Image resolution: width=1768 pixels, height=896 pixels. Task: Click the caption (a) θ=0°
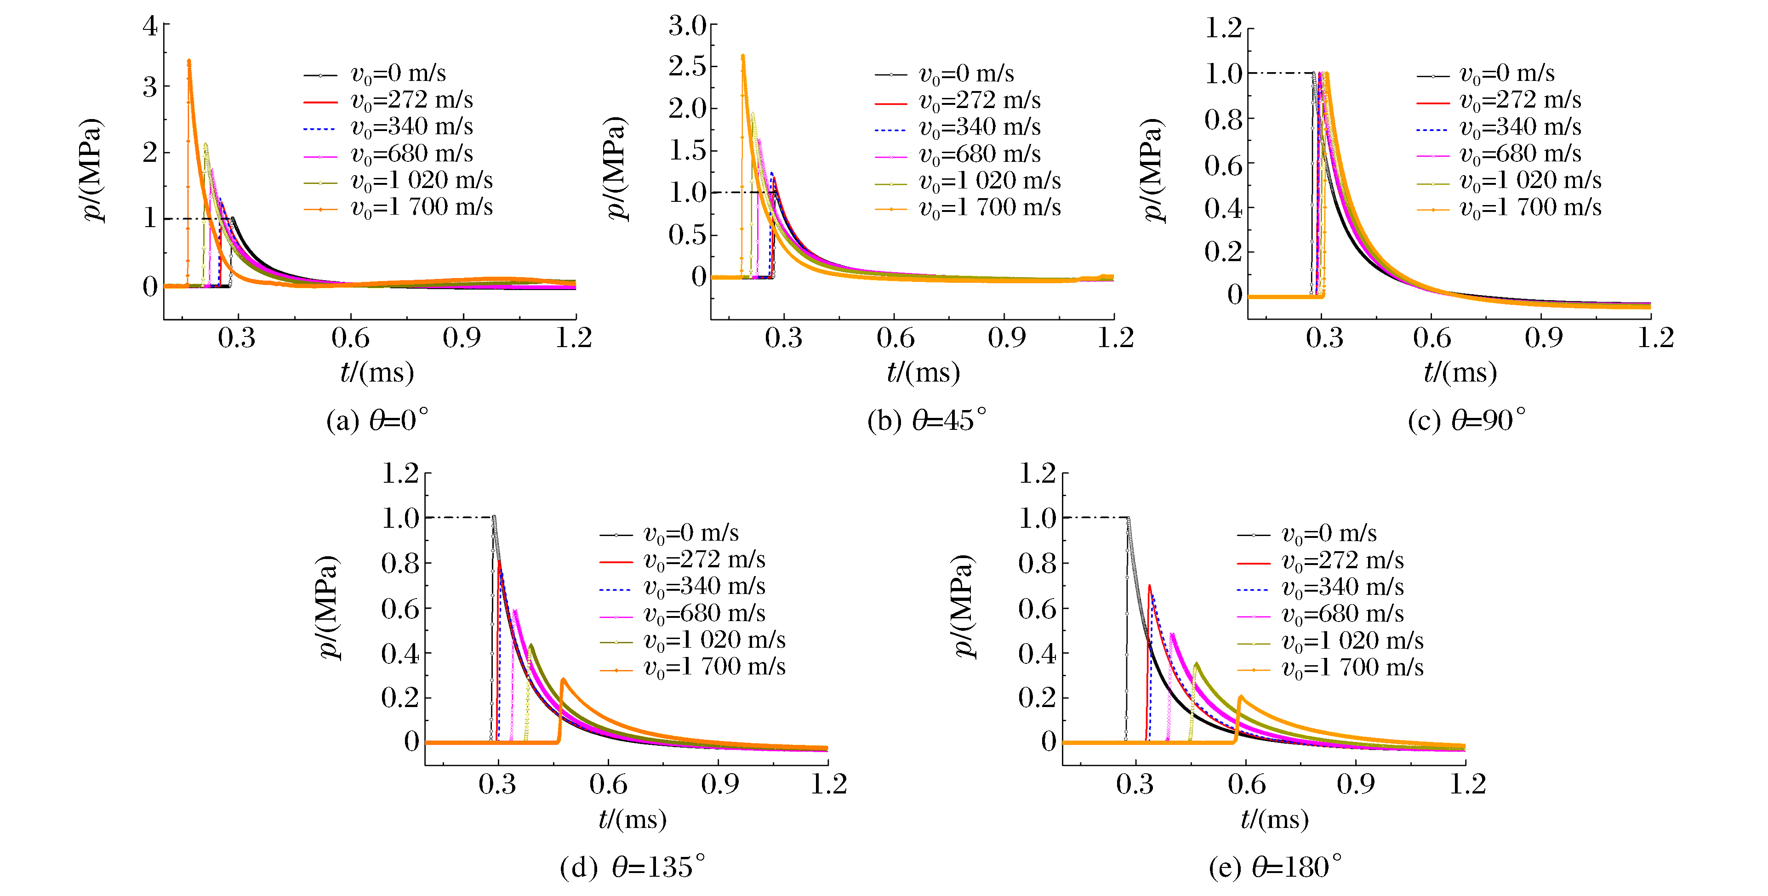tap(377, 420)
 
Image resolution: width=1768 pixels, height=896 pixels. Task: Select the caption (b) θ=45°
tap(927, 420)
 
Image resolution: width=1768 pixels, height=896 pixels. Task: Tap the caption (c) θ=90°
tap(1467, 420)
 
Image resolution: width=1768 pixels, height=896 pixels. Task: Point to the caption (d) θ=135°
tap(632, 867)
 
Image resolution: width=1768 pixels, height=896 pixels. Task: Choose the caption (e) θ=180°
tap(1275, 867)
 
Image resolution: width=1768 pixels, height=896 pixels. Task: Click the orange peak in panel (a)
tap(189, 61)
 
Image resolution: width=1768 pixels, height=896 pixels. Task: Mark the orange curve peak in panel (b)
tap(742, 56)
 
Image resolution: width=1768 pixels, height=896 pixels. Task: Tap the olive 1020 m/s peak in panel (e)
tap(1196, 664)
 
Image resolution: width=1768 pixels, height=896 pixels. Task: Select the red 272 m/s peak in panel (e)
tap(1150, 586)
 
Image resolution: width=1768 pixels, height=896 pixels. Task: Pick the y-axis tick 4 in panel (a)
tap(149, 27)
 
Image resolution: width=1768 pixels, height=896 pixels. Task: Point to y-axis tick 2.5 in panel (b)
tap(687, 67)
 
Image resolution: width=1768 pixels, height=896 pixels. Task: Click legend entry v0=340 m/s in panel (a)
tap(412, 127)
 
